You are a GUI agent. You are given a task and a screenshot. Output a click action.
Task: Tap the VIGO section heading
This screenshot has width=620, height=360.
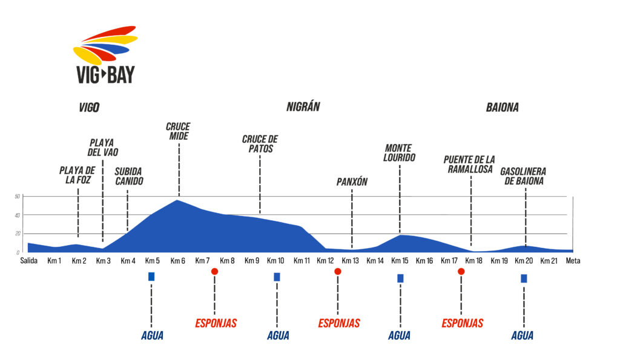point(89,108)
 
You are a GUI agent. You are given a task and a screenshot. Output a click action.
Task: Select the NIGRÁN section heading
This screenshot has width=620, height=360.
point(303,107)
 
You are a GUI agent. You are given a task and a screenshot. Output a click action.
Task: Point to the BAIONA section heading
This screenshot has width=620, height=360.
point(502,108)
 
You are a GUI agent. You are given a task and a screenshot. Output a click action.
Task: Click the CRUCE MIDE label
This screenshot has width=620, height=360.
point(178,131)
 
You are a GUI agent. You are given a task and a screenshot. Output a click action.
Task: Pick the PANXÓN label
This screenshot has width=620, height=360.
point(352,182)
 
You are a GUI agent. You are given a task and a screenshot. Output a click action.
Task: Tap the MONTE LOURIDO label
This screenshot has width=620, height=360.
point(400,152)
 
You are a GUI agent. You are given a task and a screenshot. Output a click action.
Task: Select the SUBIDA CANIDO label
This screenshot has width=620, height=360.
point(128,175)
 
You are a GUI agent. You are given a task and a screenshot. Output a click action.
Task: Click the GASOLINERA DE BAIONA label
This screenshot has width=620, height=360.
point(522,175)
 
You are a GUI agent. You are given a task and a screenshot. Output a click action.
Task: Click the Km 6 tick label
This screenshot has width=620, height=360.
point(177,261)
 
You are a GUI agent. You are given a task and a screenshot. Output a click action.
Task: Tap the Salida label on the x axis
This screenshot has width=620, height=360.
point(29,261)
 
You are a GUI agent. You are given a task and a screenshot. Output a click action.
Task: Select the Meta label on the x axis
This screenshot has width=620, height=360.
point(573,261)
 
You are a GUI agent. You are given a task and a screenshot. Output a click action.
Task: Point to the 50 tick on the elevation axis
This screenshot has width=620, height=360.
point(18,197)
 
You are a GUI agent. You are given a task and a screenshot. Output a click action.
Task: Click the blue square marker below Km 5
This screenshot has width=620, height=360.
point(151,277)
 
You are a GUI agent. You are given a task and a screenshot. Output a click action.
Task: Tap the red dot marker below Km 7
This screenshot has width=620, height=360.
point(214,272)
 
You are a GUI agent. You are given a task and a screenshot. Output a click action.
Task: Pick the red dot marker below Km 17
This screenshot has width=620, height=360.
point(461,272)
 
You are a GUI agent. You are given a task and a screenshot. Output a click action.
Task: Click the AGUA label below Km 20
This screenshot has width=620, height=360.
point(523,336)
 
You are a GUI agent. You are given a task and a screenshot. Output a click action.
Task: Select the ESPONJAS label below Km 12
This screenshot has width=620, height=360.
point(339,323)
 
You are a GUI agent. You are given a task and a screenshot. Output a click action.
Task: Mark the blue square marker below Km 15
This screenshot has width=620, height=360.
point(400,278)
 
